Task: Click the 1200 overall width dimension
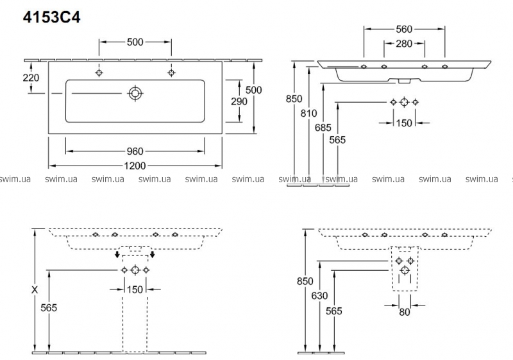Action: [135, 166]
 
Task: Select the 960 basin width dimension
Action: [135, 151]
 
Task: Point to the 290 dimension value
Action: [239, 101]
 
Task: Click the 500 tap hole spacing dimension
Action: [135, 42]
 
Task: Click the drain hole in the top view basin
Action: [135, 93]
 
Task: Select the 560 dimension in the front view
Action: [404, 28]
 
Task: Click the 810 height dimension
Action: [310, 114]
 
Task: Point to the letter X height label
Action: [35, 289]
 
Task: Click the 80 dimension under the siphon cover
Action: [404, 313]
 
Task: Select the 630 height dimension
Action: [321, 296]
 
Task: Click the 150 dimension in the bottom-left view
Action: [135, 289]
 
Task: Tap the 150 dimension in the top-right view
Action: [404, 123]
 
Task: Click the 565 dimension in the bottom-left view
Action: [49, 308]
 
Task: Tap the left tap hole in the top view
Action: [99, 73]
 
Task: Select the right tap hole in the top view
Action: [171, 73]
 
